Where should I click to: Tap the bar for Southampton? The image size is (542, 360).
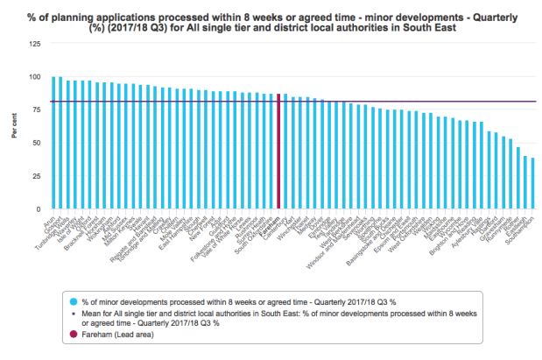click(532, 183)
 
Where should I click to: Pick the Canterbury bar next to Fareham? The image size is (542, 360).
click(285, 152)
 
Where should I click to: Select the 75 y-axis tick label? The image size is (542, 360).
click(35, 109)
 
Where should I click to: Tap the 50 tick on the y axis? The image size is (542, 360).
click(35, 143)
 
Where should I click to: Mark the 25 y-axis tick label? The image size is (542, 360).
click(35, 176)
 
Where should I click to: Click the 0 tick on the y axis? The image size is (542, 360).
click(38, 209)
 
